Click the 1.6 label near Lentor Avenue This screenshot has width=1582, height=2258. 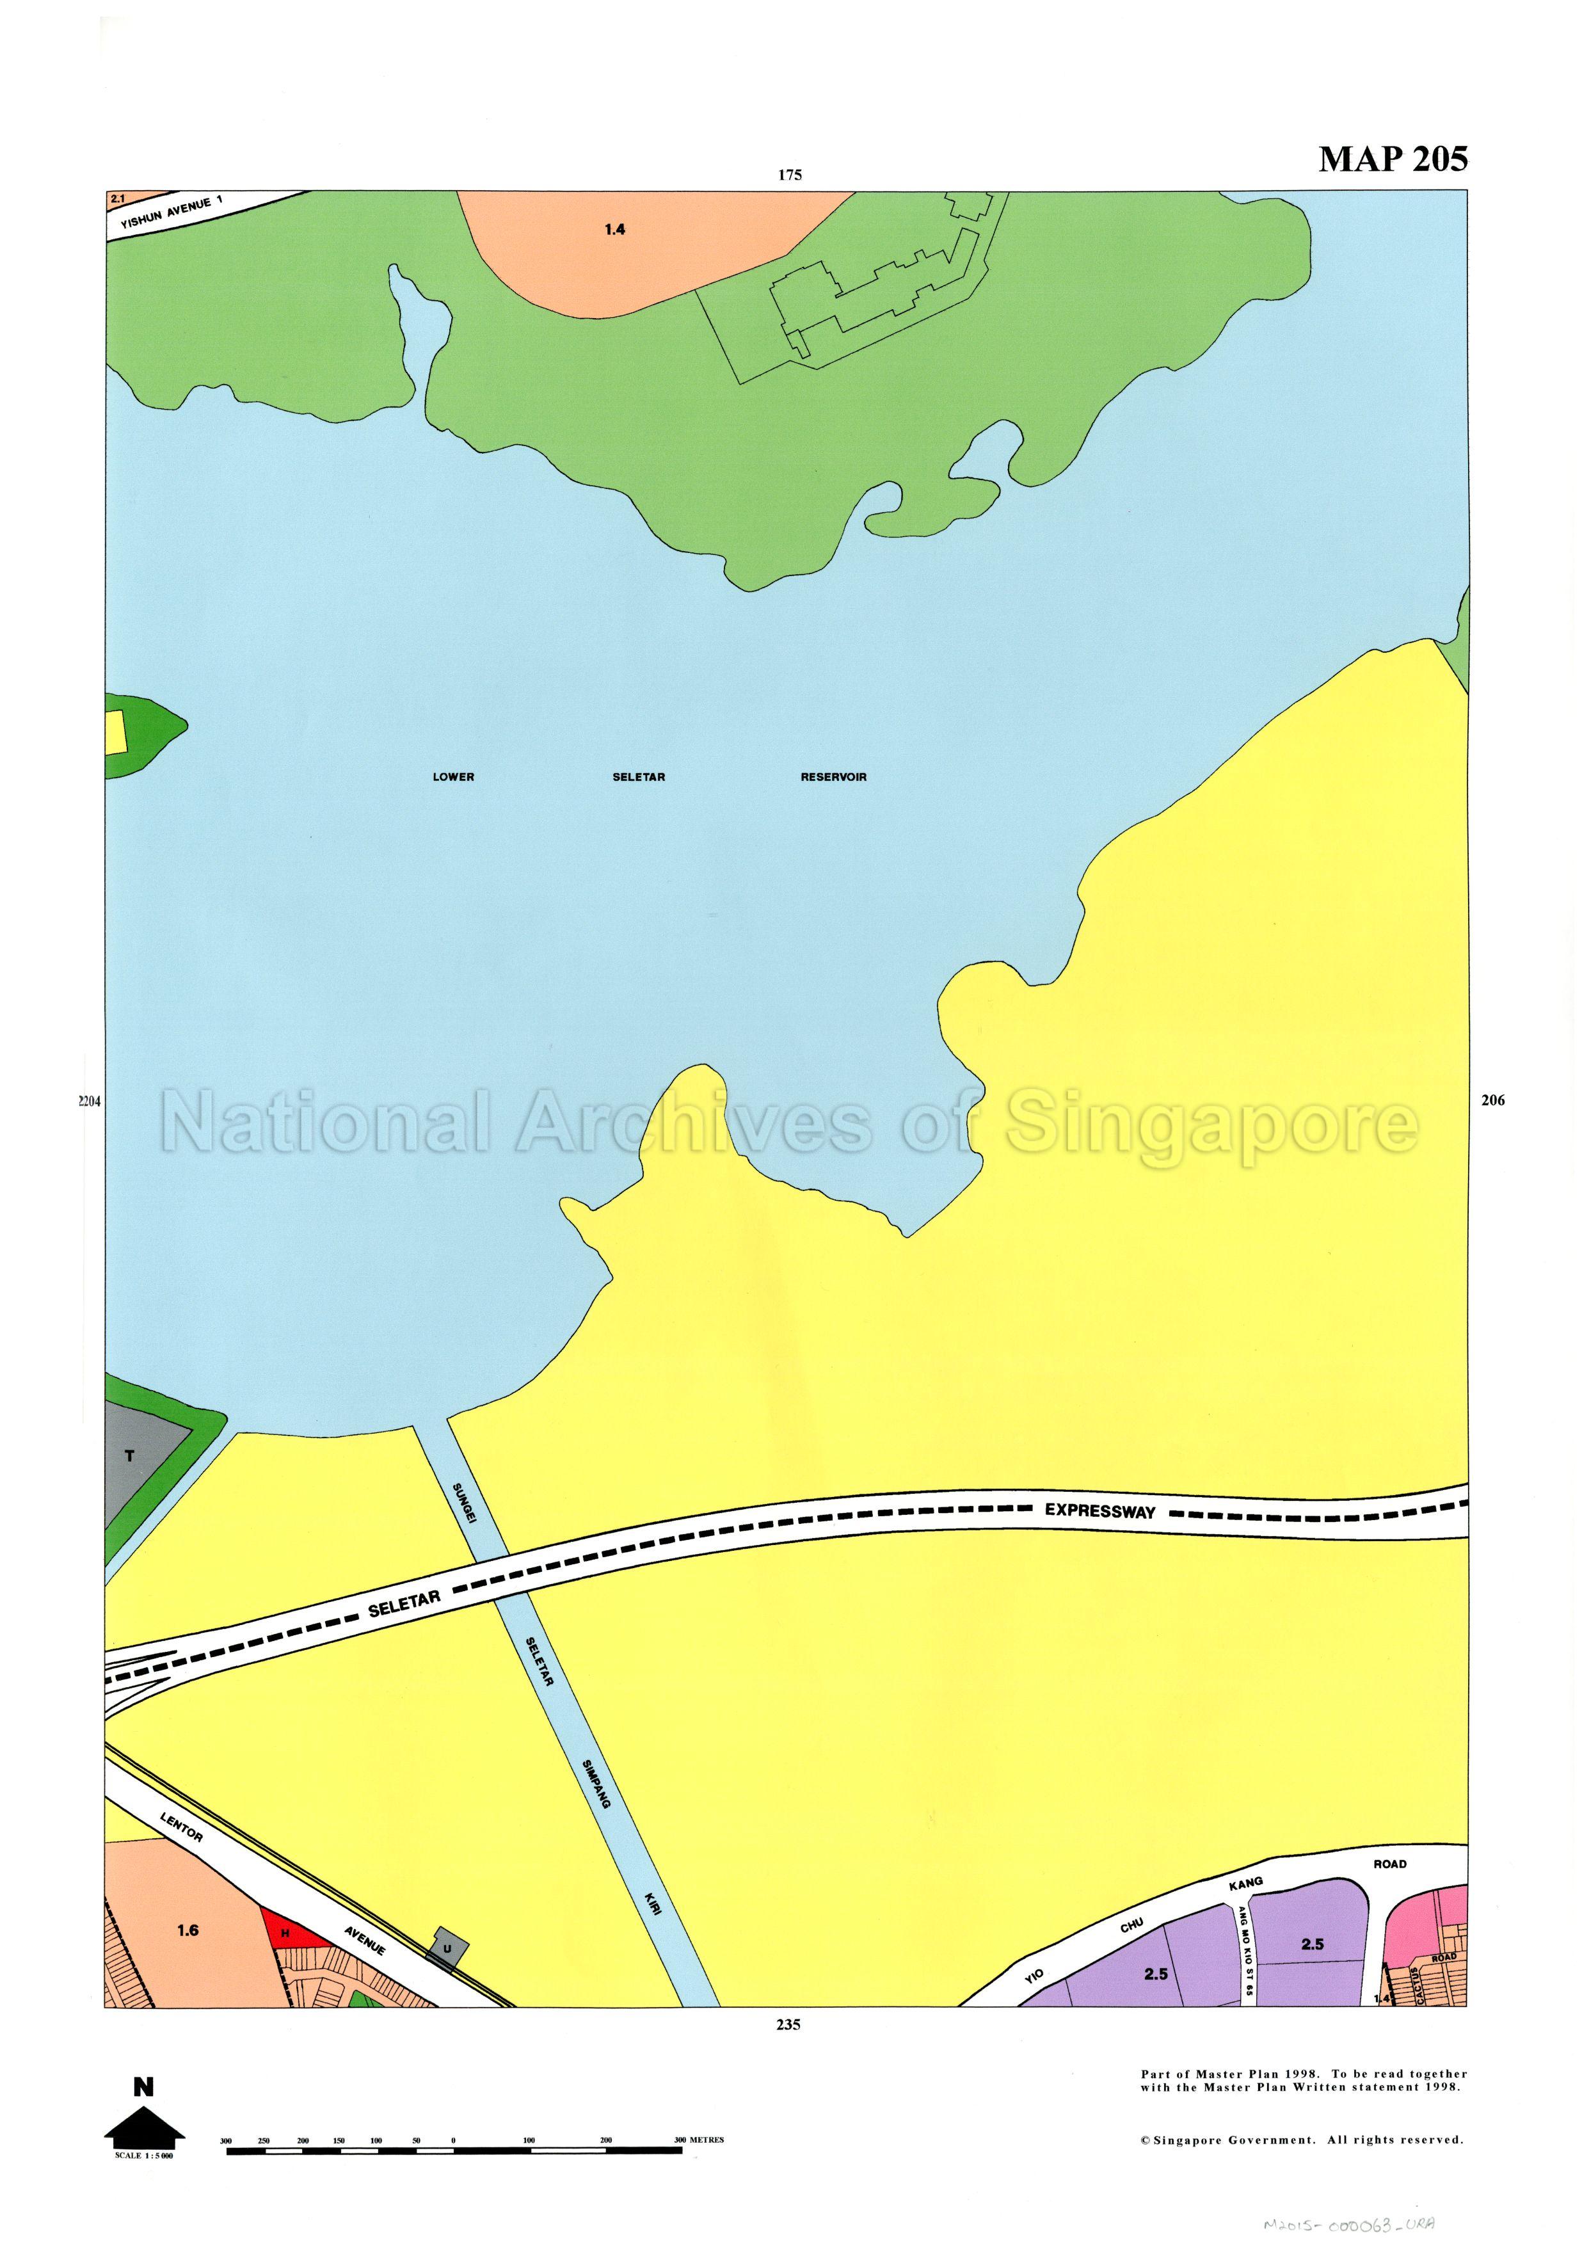(188, 1930)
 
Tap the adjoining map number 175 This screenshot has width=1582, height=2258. (790, 175)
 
